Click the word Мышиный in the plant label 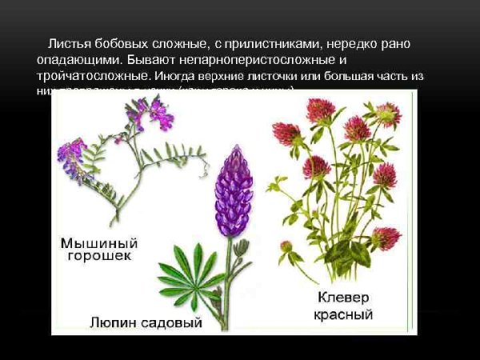pyautogui.click(x=94, y=242)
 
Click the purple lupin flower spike pyautogui.click(x=233, y=189)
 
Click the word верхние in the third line pyautogui.click(x=221, y=76)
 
